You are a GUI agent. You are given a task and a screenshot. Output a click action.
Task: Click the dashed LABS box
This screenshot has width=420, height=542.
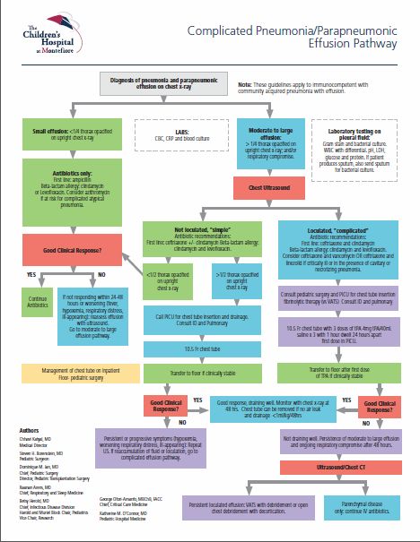pyautogui.click(x=181, y=138)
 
